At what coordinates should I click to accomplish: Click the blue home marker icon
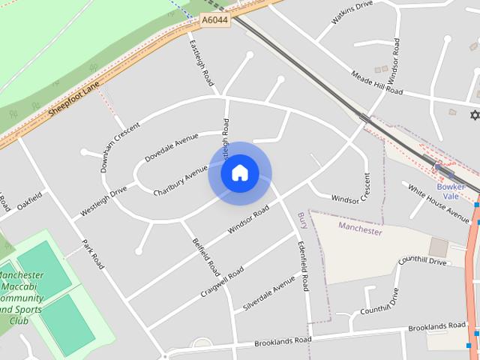(239, 173)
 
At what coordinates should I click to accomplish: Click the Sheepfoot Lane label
(73, 99)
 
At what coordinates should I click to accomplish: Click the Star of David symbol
(473, 115)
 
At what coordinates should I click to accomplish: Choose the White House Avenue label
(439, 202)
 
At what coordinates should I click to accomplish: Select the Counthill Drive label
(422, 261)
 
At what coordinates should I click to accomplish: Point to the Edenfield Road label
(303, 267)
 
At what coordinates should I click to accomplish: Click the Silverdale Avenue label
(269, 294)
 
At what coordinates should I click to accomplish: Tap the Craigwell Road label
(222, 282)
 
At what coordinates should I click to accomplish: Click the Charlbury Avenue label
(180, 181)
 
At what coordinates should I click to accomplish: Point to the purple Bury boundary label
(303, 220)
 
